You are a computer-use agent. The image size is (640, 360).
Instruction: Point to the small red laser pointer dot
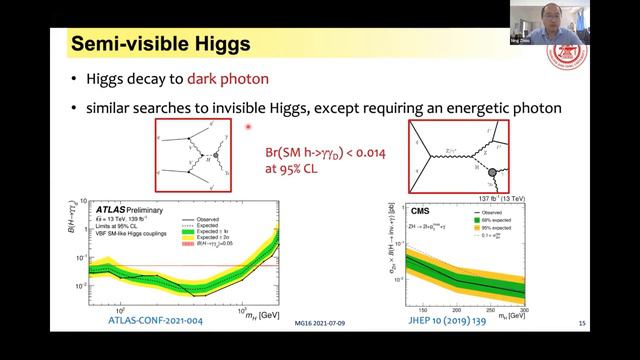[x=247, y=127]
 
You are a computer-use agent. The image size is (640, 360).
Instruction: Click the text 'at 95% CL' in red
[x=304, y=168]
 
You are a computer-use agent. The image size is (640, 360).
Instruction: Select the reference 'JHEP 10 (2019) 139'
[x=457, y=319]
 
